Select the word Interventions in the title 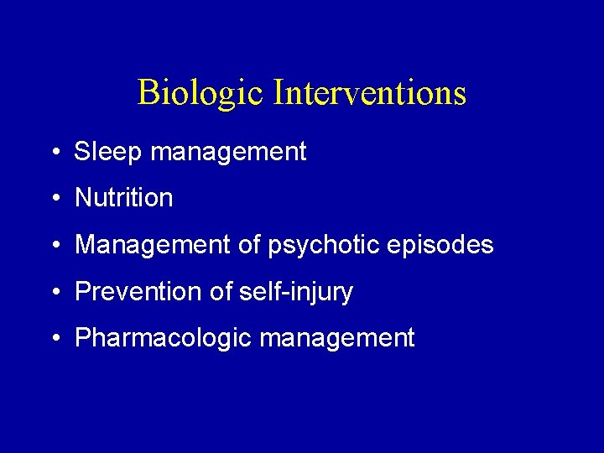click(369, 91)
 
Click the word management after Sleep click(225, 153)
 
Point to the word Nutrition click(123, 198)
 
